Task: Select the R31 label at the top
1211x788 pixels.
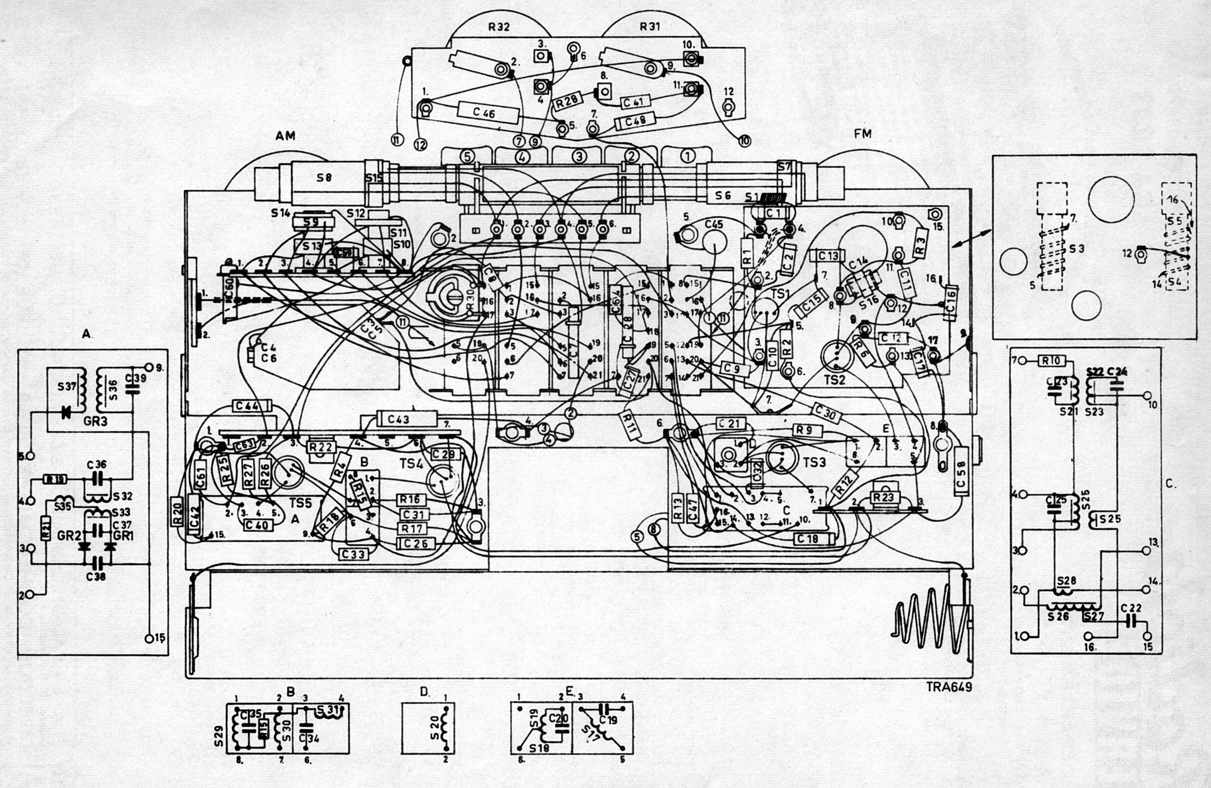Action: click(x=650, y=27)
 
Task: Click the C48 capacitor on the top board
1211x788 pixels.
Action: click(x=635, y=122)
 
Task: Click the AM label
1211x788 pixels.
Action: click(x=286, y=135)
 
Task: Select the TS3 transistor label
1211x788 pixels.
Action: click(x=814, y=462)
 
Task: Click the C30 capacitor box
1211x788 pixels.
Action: click(x=825, y=411)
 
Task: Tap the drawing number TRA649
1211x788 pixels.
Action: click(x=949, y=687)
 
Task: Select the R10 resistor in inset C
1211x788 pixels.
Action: click(x=1051, y=361)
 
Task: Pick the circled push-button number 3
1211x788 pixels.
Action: click(x=578, y=156)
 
